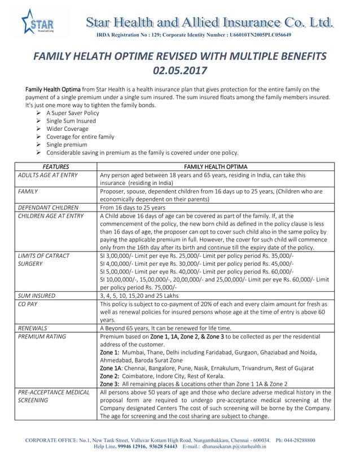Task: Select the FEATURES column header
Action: (x=55, y=167)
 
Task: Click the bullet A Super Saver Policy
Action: (x=72, y=113)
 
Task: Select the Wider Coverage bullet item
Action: (x=67, y=129)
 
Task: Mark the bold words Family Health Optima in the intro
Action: (x=53, y=89)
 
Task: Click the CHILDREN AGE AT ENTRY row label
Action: (x=51, y=216)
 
